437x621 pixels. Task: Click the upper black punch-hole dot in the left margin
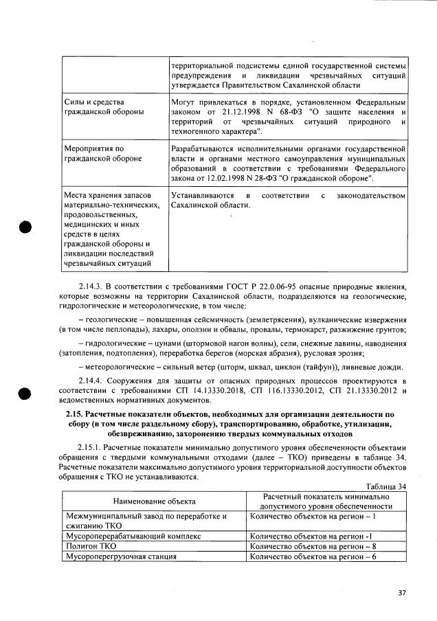26,229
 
